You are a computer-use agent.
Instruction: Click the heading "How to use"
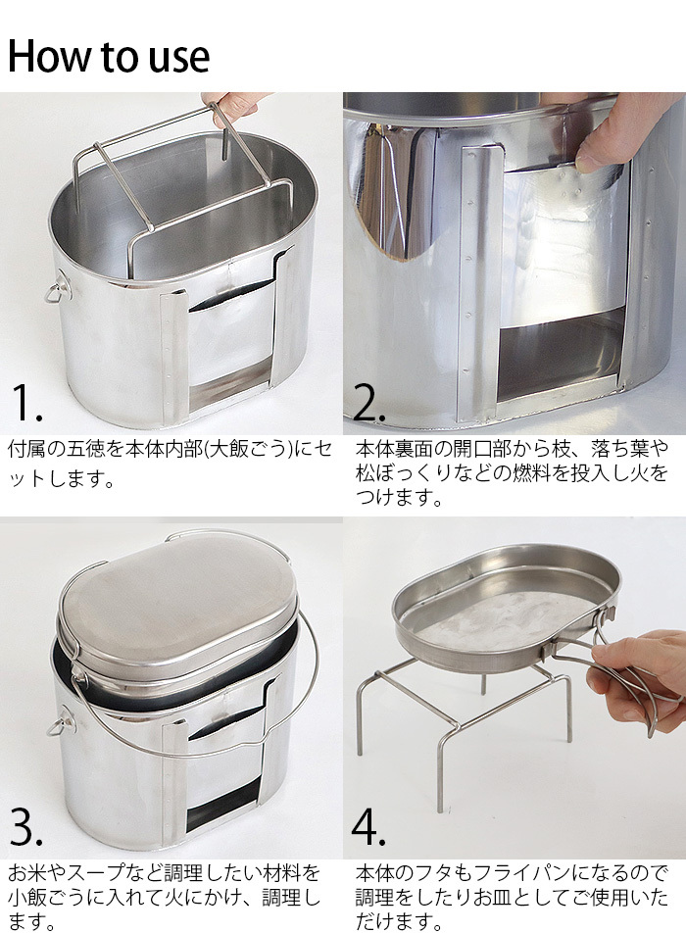coord(108,57)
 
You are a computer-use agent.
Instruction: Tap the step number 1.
coord(26,402)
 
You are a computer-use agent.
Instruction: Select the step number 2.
coord(368,402)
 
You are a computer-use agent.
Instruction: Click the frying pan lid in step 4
coord(506,607)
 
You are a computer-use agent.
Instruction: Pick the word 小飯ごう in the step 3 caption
coord(46,898)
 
